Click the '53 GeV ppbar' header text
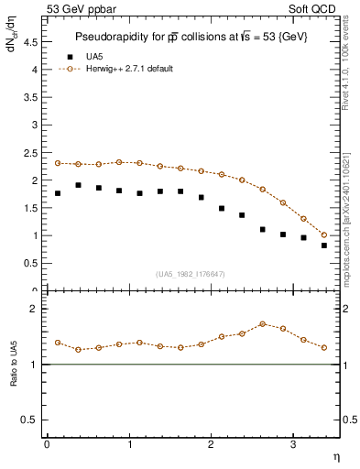tap(79, 10)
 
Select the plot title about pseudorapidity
tap(191, 37)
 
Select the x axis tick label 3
tap(292, 444)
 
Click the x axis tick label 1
tap(128, 444)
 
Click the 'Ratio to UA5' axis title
tap(14, 378)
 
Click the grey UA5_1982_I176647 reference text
tap(191, 274)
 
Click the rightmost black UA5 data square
tap(324, 245)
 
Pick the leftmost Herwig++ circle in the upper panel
tap(58, 163)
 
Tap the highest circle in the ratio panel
tap(263, 323)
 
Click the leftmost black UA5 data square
tap(58, 193)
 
